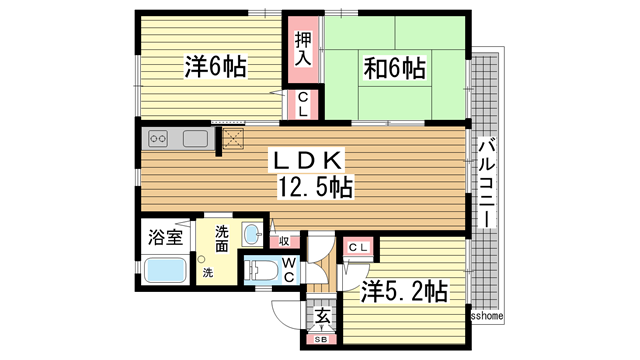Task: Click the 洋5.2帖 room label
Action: tap(404, 292)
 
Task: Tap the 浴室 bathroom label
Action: tap(165, 238)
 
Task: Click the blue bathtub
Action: tap(166, 271)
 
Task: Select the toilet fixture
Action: tap(263, 270)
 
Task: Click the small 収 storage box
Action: tap(284, 240)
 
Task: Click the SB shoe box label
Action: tap(322, 341)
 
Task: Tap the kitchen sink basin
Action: tap(195, 138)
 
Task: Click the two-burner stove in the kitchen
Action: tap(160, 138)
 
